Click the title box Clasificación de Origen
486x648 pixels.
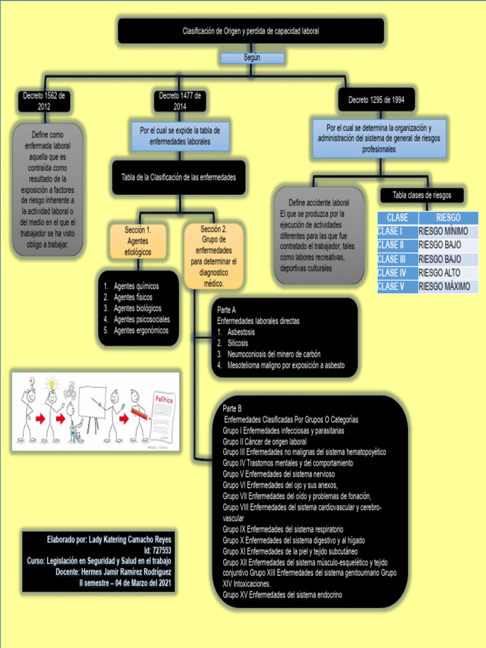click(x=251, y=30)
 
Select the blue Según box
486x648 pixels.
click(x=251, y=58)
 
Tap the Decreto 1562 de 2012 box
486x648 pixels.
click(x=44, y=101)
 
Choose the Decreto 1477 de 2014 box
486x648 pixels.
click(x=180, y=101)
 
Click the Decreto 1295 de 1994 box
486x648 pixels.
click(x=376, y=100)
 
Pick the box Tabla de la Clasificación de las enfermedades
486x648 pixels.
click(x=178, y=177)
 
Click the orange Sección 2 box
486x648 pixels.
click(x=213, y=256)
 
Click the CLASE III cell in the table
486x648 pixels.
click(x=397, y=259)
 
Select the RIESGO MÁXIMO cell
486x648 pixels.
click(x=447, y=287)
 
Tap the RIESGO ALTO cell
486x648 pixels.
click(x=447, y=273)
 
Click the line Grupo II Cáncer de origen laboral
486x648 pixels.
click(x=265, y=442)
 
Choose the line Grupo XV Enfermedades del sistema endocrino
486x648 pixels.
click(x=282, y=595)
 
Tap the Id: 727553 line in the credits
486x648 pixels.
click(x=158, y=551)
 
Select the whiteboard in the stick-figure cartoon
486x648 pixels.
click(x=92, y=402)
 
